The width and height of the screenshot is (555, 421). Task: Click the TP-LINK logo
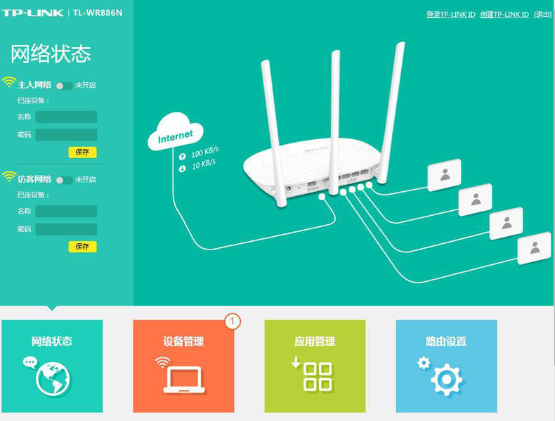click(x=32, y=13)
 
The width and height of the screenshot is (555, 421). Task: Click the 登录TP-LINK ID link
click(x=451, y=15)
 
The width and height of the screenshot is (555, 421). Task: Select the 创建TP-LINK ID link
click(x=504, y=15)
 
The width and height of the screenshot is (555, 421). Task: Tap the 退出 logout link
click(x=542, y=15)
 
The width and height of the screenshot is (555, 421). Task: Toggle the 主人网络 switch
click(x=64, y=86)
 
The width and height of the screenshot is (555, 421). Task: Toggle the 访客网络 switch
click(x=64, y=180)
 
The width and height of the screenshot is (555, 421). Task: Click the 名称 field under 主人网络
click(x=66, y=117)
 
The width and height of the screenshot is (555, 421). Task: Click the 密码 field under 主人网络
click(x=66, y=135)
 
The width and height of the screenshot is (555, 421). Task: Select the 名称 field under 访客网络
click(x=66, y=212)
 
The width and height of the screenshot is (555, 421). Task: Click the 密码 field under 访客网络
click(x=66, y=229)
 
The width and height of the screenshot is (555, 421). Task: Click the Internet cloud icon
click(x=176, y=131)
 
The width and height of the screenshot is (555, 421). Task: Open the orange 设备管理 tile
click(x=183, y=366)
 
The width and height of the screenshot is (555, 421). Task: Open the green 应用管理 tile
click(x=315, y=366)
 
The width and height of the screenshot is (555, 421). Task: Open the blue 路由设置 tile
click(x=447, y=366)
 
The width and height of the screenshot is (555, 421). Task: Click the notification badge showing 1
click(x=233, y=321)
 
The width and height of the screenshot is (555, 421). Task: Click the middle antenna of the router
click(x=334, y=122)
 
